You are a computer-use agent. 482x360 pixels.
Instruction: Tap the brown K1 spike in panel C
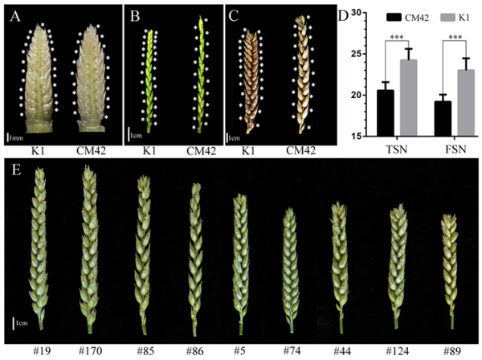pyautogui.click(x=255, y=80)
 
